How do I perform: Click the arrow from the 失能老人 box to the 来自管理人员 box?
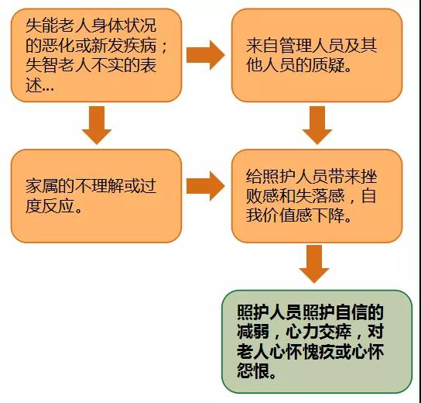click(x=205, y=55)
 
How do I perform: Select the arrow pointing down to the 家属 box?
click(x=97, y=125)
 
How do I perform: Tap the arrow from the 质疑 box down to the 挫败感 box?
click(x=317, y=125)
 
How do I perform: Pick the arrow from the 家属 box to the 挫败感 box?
click(x=205, y=186)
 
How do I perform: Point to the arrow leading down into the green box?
click(x=314, y=263)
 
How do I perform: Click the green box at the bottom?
click(x=317, y=342)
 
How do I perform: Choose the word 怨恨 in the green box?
click(x=253, y=371)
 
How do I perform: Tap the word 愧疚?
click(x=319, y=352)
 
